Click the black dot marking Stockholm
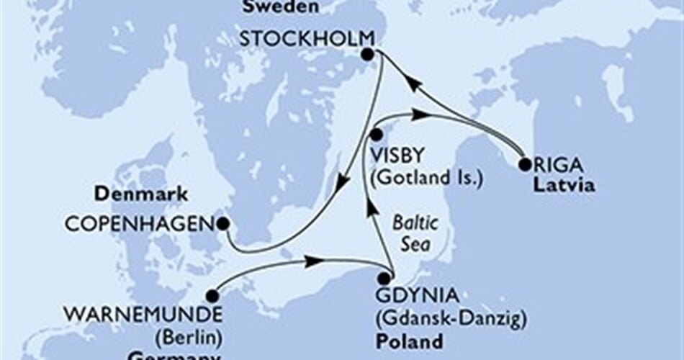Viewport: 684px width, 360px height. tap(368, 54)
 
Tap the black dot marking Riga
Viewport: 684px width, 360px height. tap(524, 165)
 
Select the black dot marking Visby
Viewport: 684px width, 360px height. tap(376, 135)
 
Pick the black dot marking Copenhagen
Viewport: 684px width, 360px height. tap(223, 223)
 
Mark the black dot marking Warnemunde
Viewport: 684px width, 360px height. tap(212, 296)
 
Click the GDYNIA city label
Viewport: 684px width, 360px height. tap(416, 295)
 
